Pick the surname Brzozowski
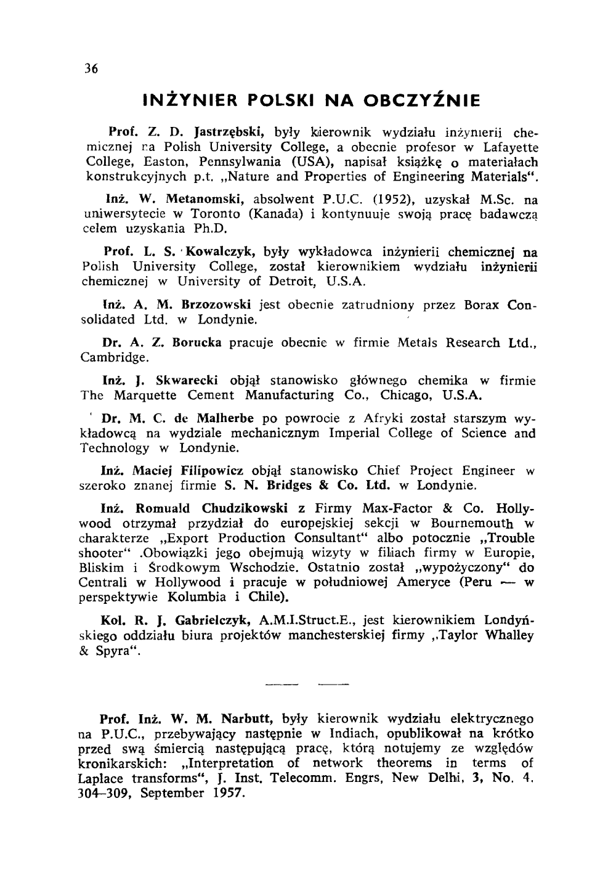(x=216, y=305)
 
